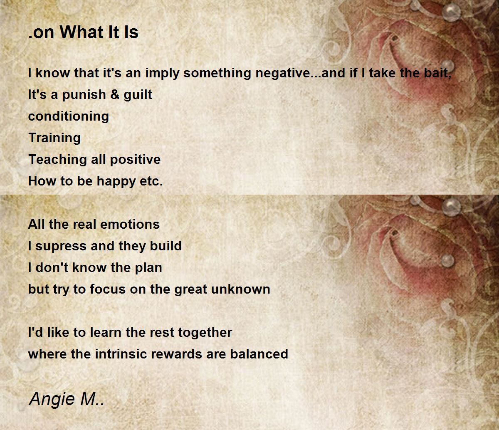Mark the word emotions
pyautogui.click(x=130, y=225)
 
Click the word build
pyautogui.click(x=166, y=246)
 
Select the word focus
pyautogui.click(x=108, y=289)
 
